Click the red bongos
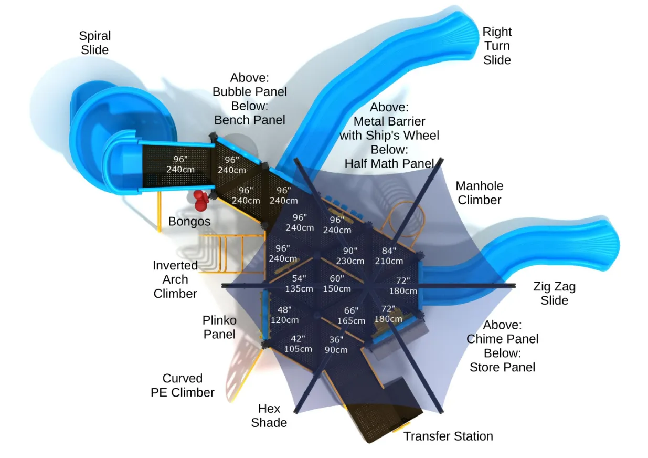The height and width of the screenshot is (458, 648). (x=200, y=200)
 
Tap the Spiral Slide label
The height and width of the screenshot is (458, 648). (x=94, y=43)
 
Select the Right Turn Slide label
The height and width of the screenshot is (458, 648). (x=497, y=46)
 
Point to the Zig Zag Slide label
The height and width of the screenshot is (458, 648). (x=554, y=294)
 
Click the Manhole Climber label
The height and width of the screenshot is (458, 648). (x=479, y=193)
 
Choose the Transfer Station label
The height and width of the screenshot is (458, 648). (x=448, y=436)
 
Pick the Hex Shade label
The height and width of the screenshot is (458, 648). (x=269, y=415)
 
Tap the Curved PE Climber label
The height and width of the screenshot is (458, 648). (x=182, y=386)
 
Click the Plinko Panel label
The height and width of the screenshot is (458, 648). (x=219, y=327)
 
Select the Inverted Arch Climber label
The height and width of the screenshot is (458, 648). (x=175, y=279)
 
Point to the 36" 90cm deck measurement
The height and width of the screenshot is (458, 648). (x=336, y=345)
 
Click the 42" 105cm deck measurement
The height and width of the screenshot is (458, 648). (x=298, y=344)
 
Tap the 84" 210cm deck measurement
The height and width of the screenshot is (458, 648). (x=389, y=256)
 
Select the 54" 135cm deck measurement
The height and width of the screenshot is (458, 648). (x=299, y=284)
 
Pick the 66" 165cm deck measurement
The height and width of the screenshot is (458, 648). (x=351, y=316)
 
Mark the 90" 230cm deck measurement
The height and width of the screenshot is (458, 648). (x=350, y=256)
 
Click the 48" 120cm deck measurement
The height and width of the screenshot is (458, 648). (x=285, y=315)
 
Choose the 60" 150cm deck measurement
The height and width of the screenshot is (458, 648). (x=337, y=284)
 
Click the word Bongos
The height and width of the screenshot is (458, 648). (x=189, y=222)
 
